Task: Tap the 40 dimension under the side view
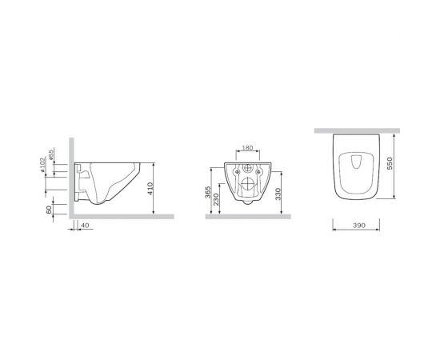click(x=85, y=226)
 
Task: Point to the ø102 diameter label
click(x=42, y=164)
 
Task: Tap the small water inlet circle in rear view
click(x=246, y=170)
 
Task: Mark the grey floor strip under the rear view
click(x=246, y=217)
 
